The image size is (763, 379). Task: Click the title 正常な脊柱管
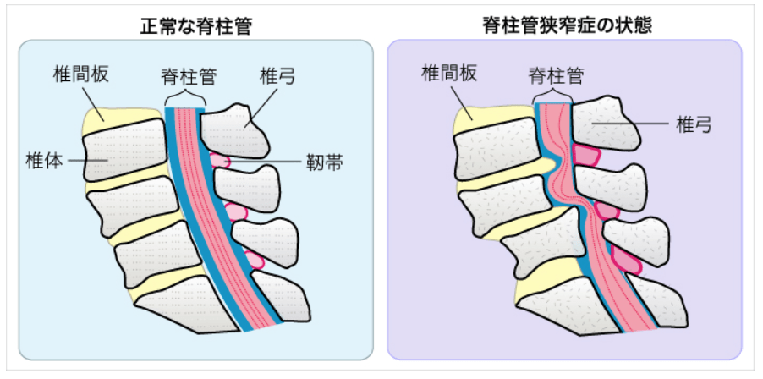pyautogui.click(x=197, y=25)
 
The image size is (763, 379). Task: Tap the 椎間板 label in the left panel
pyautogui.click(x=79, y=75)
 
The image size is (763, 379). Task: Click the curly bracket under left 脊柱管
pyautogui.click(x=184, y=101)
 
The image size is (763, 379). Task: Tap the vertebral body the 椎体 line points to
pyautogui.click(x=123, y=152)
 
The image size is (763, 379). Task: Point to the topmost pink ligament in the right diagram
pyautogui.click(x=586, y=155)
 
